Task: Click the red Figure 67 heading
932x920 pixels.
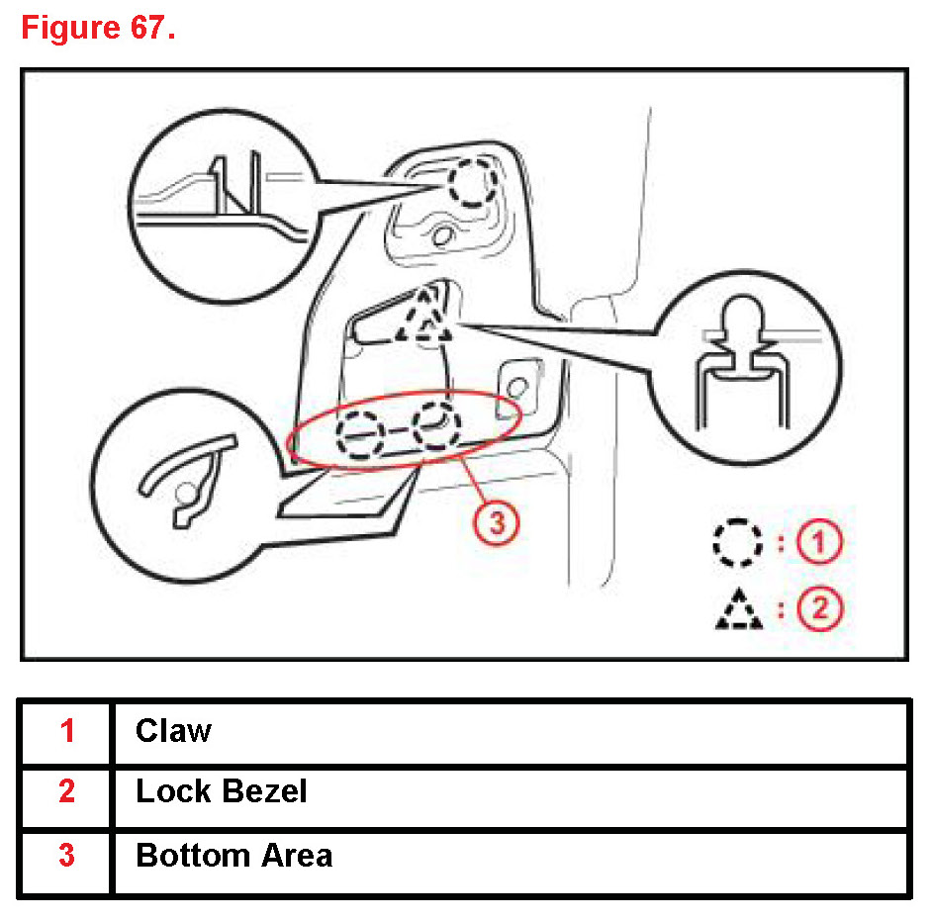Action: click(98, 29)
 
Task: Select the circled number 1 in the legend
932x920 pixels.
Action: click(820, 542)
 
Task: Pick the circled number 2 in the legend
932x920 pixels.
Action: click(820, 607)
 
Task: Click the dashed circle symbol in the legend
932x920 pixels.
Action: click(738, 542)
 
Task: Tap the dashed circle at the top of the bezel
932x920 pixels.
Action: click(464, 184)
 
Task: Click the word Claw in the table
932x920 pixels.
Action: click(173, 731)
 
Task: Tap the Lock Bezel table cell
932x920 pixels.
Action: click(222, 792)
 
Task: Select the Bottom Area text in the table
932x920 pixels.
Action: click(233, 856)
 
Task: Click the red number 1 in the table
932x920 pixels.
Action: click(66, 731)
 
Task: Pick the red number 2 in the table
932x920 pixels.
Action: click(66, 792)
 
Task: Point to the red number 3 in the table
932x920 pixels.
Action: click(66, 856)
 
